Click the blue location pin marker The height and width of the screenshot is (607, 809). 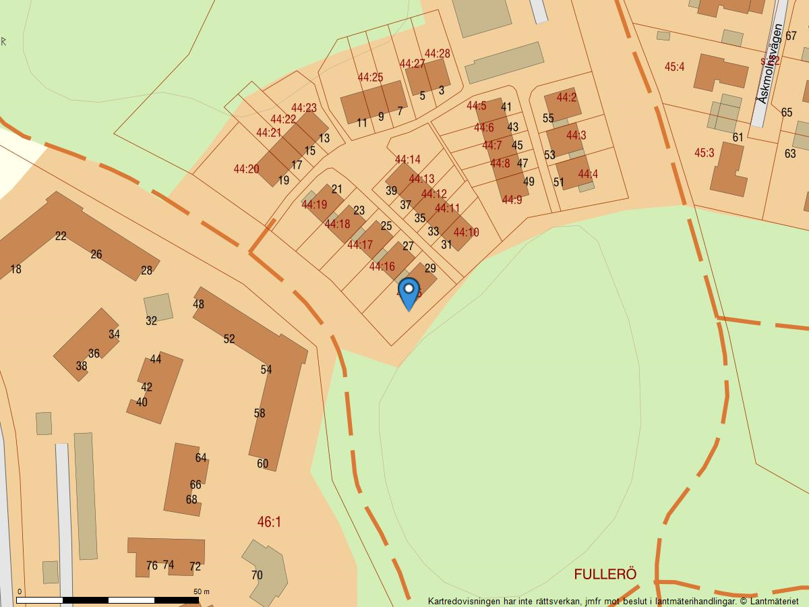(409, 293)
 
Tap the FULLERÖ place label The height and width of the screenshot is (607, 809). (605, 574)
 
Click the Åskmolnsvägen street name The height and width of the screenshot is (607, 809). (771, 64)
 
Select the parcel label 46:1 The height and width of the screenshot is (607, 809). (269, 522)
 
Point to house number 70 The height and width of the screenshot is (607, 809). (257, 575)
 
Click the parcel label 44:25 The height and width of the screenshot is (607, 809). (370, 78)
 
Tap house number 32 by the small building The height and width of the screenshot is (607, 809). (151, 321)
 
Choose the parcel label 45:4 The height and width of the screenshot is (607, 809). (674, 67)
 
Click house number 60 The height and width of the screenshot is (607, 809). (262, 463)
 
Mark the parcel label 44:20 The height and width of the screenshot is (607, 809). (246, 169)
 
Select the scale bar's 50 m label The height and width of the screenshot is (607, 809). (202, 591)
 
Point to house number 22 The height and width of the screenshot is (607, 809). (61, 236)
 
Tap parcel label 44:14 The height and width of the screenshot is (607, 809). (407, 160)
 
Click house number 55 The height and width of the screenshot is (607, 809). (548, 119)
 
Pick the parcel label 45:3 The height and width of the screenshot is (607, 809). (704, 153)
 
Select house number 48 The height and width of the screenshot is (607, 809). (198, 304)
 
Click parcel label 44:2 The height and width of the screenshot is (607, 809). (566, 98)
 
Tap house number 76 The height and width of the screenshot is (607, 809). (152, 566)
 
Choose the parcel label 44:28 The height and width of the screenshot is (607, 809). (437, 54)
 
